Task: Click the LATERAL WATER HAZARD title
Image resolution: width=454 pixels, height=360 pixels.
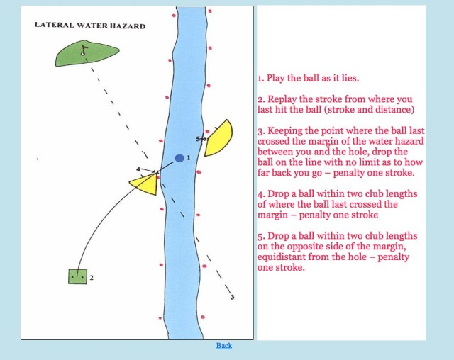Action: coord(90,26)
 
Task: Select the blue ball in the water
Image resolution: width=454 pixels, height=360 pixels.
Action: coord(179,158)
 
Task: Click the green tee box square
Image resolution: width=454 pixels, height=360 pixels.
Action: coord(77,276)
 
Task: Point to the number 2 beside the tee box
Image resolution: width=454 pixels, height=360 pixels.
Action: coord(92,277)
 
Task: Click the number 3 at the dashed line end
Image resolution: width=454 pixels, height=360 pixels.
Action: coord(232,298)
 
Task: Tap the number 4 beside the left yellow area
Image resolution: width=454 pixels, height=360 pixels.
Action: coord(138,169)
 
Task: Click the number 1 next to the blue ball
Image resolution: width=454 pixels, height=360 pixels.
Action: coord(189,157)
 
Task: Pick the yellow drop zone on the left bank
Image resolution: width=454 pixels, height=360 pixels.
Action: coord(145,184)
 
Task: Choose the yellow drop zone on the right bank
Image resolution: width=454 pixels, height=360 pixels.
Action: coord(218,137)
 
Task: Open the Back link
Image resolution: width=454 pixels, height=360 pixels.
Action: coord(224,346)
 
